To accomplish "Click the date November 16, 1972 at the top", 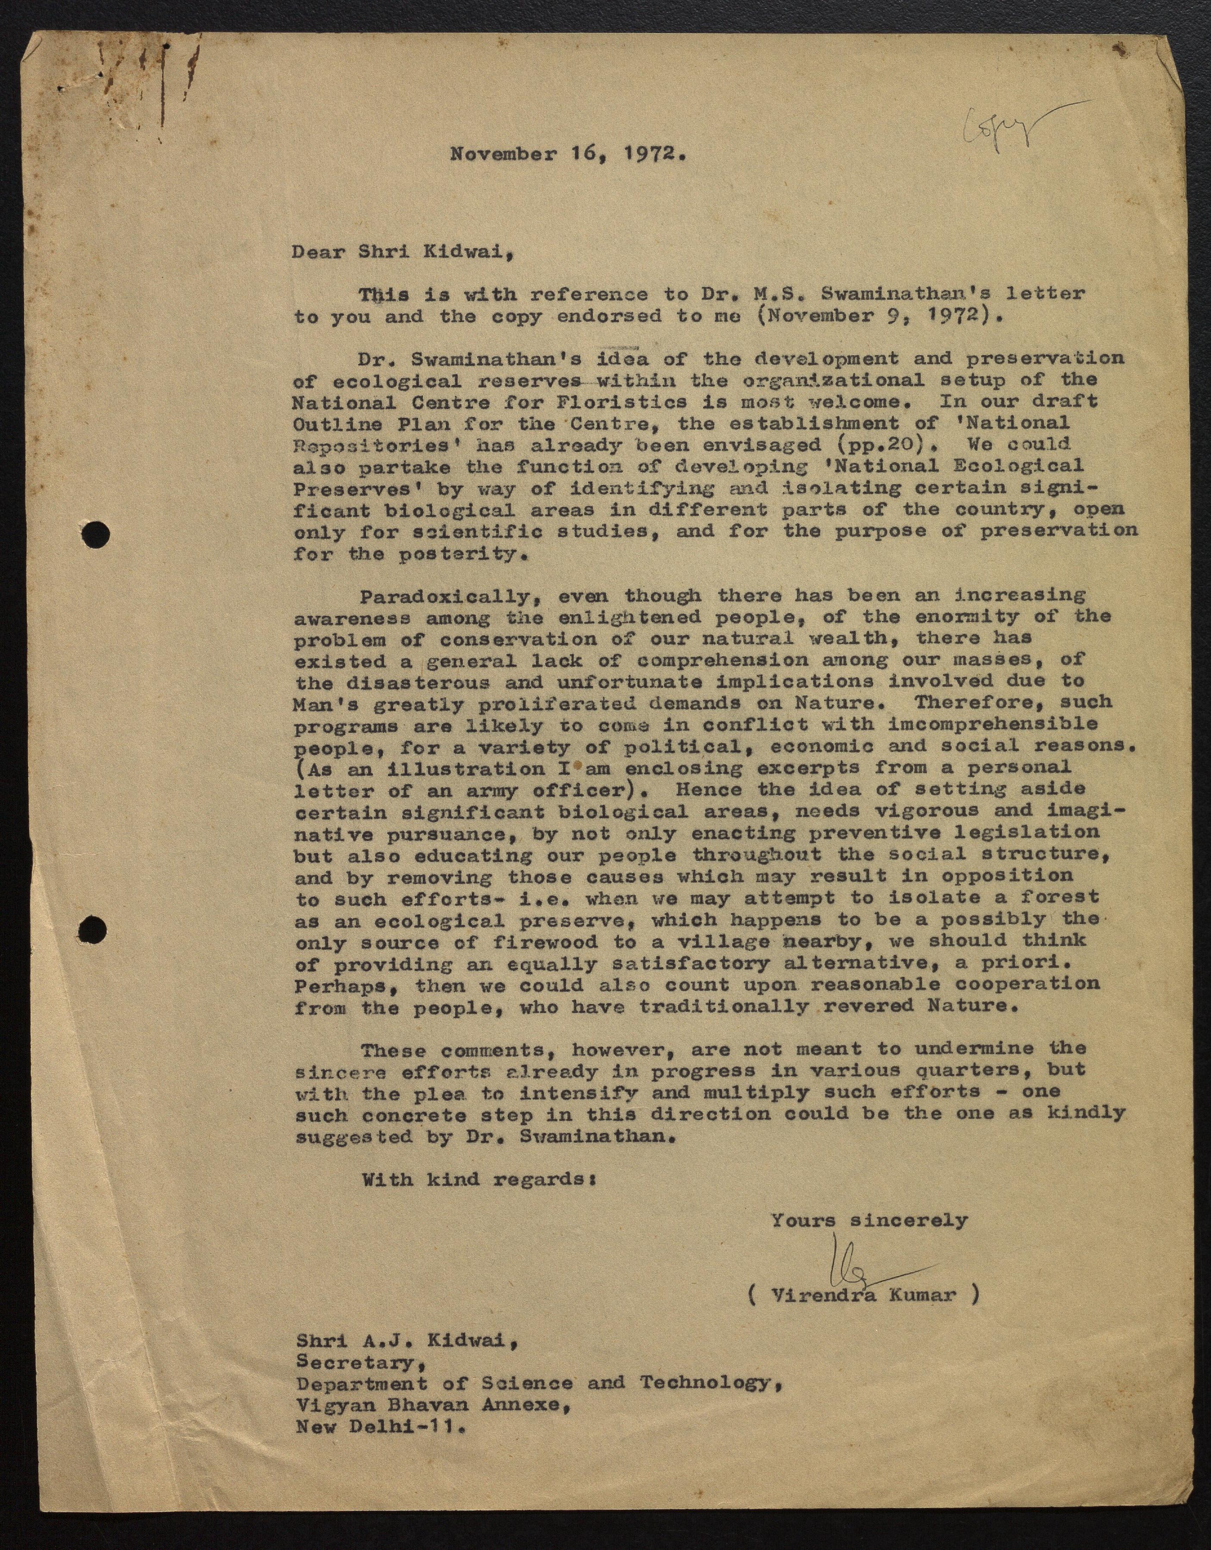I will [x=568, y=154].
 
